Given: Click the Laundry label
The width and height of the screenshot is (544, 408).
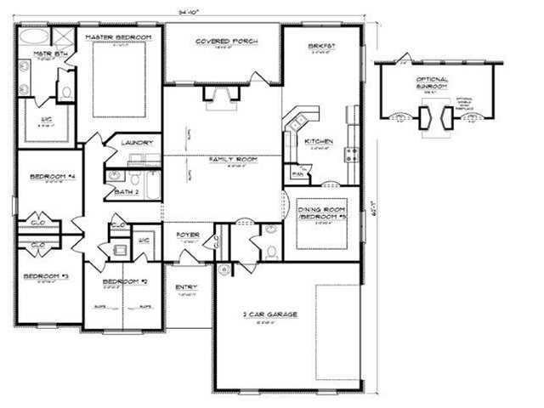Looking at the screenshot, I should (136, 143).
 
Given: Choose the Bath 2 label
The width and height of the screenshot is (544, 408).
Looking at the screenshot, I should (126, 192).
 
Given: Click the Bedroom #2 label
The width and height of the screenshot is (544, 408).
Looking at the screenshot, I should (120, 281).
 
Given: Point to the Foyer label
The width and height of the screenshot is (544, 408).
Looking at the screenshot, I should (188, 234).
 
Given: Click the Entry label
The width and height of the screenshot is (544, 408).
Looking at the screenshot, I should (186, 287).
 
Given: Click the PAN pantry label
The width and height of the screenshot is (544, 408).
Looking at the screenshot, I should (297, 175).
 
